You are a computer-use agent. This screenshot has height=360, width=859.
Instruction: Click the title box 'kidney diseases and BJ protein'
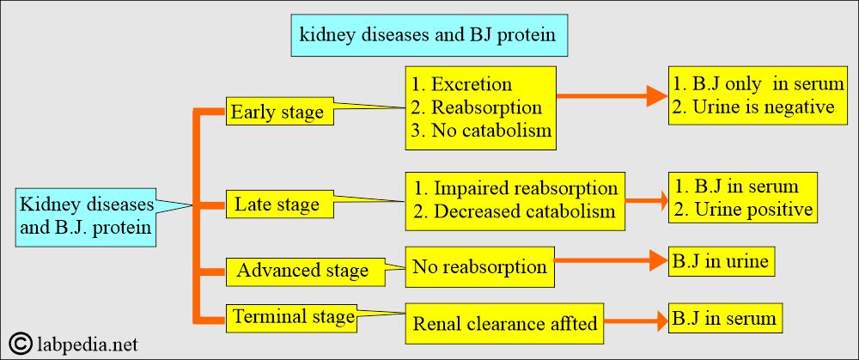coord(429,35)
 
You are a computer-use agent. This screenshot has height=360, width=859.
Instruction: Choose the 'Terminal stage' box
coord(291,317)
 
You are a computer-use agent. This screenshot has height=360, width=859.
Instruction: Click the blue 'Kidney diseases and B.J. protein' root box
coord(85,217)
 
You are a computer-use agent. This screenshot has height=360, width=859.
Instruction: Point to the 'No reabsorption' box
coord(480,267)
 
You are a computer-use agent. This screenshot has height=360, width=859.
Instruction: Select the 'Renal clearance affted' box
coord(504,323)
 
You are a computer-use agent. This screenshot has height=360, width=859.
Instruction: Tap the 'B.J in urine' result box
coord(722,261)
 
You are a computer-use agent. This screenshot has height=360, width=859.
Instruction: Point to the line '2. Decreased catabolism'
coord(515,211)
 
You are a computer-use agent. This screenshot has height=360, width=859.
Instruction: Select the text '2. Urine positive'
coord(743,209)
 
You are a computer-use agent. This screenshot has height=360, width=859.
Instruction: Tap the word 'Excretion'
coord(472,84)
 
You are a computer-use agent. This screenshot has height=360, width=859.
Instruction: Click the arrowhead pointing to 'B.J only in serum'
coord(657,96)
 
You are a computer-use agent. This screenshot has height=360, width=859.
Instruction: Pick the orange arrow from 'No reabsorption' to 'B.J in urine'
coord(611,261)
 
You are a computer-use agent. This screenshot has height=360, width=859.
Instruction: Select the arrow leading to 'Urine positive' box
coord(647,200)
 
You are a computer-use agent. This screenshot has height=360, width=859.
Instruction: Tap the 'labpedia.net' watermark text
coord(87,345)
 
